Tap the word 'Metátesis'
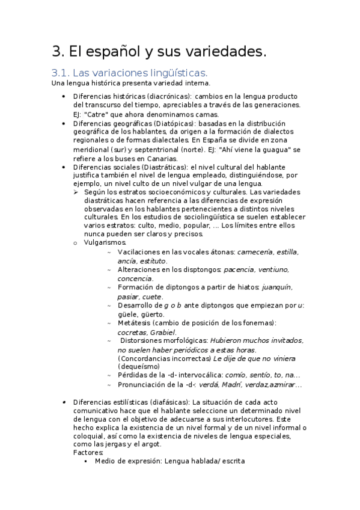136,323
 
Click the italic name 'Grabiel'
162,332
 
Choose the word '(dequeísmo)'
139,366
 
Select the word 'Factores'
88,452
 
